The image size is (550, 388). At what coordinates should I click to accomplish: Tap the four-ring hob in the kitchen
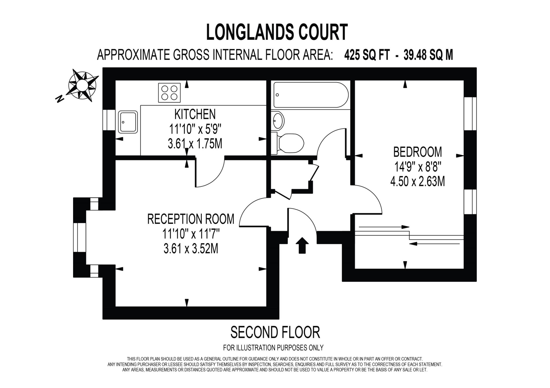point(169,93)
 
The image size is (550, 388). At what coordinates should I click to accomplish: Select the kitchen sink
point(128,122)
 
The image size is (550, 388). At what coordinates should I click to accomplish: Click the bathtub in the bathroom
point(311,95)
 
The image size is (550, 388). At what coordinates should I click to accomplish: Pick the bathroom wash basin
point(278,120)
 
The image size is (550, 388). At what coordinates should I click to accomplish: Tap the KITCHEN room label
point(195,114)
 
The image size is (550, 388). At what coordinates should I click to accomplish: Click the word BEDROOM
point(417,152)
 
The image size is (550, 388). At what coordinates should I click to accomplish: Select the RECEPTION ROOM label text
point(191,219)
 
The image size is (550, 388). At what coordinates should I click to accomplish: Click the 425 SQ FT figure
point(367,55)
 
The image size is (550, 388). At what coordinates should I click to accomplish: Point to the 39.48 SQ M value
point(428,55)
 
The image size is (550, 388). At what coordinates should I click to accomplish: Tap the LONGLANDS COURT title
point(277,32)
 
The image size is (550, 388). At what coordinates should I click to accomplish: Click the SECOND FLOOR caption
point(275,332)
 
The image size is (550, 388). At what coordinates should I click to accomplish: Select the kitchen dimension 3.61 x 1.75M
point(195,144)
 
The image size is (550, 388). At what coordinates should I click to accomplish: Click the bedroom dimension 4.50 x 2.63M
point(417,182)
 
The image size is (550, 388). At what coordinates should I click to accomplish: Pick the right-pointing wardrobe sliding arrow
point(384,227)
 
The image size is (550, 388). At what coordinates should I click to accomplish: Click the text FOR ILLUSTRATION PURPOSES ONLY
point(273,348)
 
